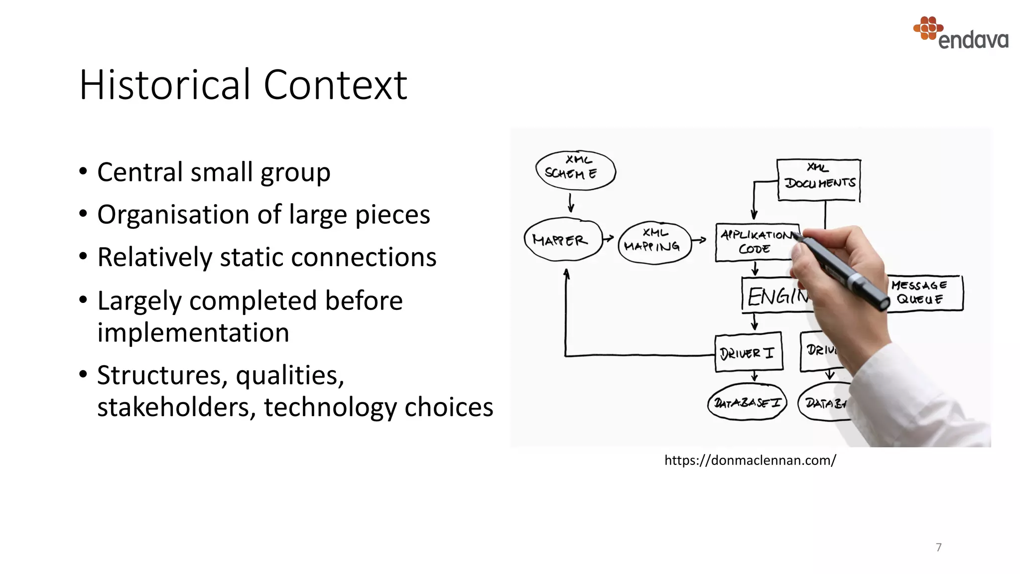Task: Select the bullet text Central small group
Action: pos(214,172)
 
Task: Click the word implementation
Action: pos(193,333)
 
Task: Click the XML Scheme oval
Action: pos(575,170)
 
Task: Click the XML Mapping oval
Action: pos(654,243)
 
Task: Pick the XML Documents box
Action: pos(819,179)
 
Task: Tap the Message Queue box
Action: pos(924,293)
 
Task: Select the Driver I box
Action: pos(748,353)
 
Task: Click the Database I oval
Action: pos(747,402)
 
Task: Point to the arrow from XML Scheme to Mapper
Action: pos(571,203)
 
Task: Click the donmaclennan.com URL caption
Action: pos(750,460)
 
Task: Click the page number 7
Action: pos(938,547)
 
